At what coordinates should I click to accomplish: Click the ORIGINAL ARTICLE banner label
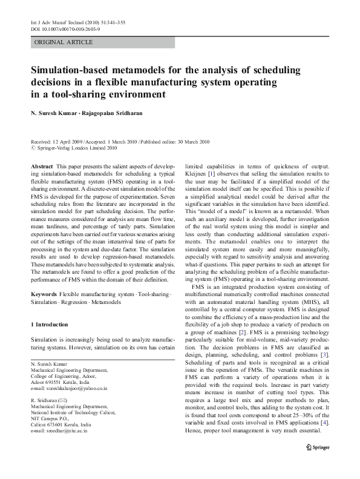(x=64, y=42)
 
